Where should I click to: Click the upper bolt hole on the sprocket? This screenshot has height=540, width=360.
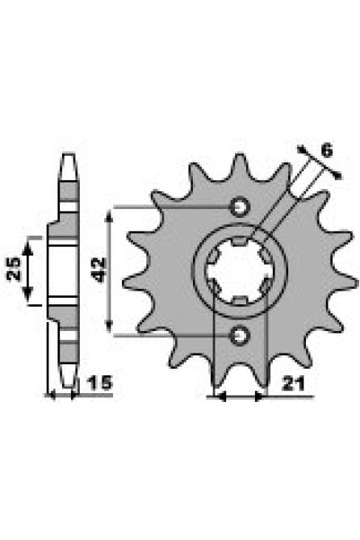tap(239, 207)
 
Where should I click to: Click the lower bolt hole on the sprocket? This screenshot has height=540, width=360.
tap(239, 333)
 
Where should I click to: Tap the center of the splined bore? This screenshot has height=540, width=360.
tap(239, 270)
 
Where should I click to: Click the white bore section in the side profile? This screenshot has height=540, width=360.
tap(57, 271)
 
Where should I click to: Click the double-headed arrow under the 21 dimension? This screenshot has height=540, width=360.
tap(238, 396)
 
